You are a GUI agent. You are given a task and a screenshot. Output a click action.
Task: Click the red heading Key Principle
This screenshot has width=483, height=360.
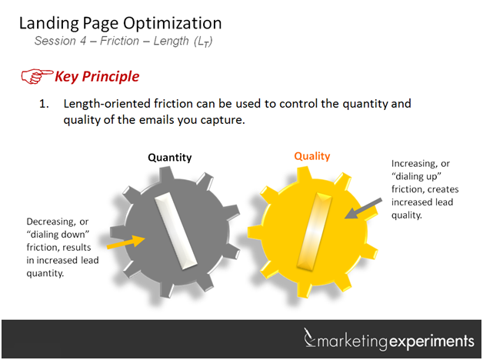tap(96, 76)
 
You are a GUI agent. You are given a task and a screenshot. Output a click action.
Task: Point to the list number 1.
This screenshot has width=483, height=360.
tap(44, 102)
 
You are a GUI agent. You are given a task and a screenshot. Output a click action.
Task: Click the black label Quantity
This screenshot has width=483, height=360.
tap(169, 158)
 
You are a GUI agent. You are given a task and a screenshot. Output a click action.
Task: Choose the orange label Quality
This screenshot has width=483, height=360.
tap(311, 156)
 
